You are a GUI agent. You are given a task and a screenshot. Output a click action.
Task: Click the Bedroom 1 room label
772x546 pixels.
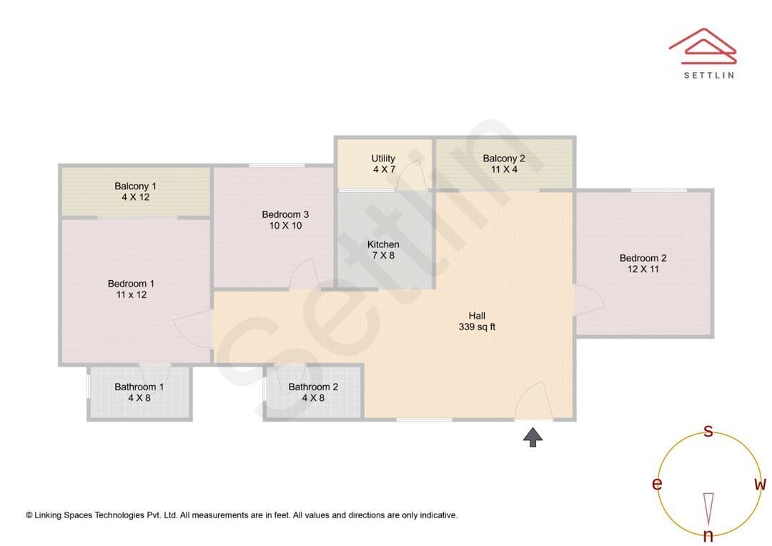[131, 289]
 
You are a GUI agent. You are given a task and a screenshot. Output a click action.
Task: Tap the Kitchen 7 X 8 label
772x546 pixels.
[383, 249]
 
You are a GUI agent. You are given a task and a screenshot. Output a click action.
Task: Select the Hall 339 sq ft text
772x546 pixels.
[477, 321]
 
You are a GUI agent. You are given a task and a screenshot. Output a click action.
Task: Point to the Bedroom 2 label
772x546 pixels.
[643, 264]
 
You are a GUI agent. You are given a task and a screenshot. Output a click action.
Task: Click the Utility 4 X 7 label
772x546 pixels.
[383, 164]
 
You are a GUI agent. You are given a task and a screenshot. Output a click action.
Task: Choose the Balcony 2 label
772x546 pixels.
[504, 164]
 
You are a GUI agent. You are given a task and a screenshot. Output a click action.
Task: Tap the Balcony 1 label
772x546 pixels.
[135, 192]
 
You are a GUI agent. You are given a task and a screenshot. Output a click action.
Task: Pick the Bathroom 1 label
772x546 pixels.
[139, 392]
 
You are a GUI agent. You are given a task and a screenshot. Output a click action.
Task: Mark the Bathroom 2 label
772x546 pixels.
[313, 392]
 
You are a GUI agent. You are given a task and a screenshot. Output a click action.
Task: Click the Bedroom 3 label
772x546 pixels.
[285, 219]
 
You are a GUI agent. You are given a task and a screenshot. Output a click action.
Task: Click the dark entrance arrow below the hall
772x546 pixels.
[533, 437]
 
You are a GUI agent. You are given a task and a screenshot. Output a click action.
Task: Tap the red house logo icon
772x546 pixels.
[703, 46]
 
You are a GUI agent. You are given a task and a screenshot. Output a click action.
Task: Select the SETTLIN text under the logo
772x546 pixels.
[709, 75]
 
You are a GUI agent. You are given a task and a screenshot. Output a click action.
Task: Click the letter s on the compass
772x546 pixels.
[708, 431]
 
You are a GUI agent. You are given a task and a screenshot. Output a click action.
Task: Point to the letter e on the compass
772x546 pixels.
[657, 484]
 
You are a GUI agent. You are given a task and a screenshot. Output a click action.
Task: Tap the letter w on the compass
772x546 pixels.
[760, 485]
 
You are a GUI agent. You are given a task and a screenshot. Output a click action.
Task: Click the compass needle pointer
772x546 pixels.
[708, 509]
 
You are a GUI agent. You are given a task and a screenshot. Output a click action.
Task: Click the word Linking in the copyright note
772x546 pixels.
[48, 515]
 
